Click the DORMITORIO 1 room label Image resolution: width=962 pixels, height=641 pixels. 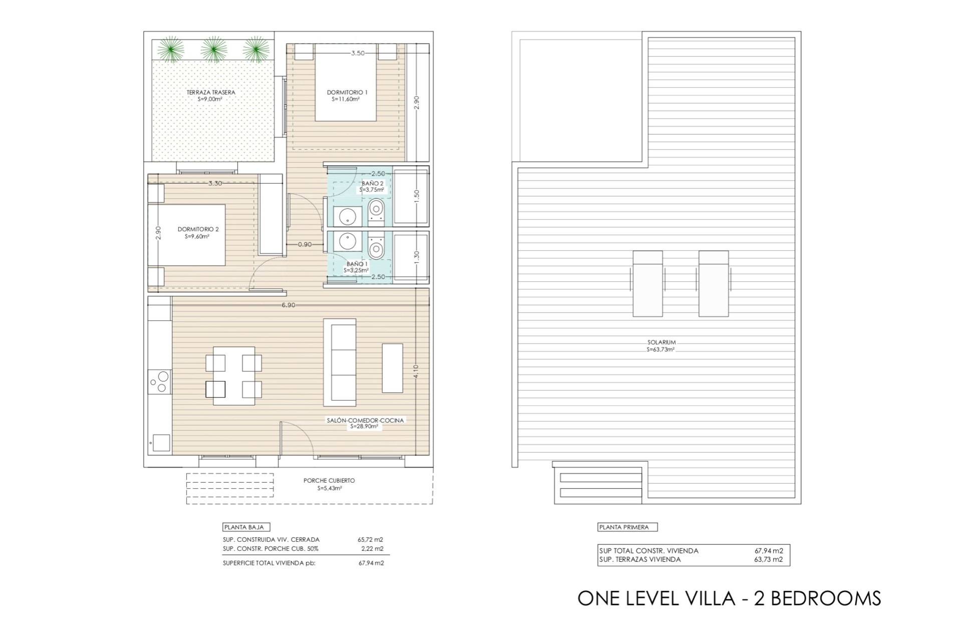347,92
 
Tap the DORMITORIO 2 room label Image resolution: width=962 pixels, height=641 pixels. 198,229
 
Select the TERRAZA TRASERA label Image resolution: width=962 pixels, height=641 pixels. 210,92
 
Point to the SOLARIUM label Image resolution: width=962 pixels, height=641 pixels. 661,343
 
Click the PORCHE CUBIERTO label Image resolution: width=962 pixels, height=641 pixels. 329,481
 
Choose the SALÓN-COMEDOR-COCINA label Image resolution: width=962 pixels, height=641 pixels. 365,421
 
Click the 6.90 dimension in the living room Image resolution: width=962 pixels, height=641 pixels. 288,305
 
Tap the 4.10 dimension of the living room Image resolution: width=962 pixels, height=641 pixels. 416,372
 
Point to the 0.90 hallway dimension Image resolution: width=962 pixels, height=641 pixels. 305,245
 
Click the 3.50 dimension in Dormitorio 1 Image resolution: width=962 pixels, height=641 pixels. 358,53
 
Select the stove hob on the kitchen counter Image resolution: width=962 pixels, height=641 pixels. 160,382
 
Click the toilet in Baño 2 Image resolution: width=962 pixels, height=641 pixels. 376,210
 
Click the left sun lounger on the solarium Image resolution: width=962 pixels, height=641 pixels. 648,283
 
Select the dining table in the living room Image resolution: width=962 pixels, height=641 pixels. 234,376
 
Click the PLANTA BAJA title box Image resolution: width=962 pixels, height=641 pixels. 247,527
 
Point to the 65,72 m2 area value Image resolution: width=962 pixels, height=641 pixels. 371,540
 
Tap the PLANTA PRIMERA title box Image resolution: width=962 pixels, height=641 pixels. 627,527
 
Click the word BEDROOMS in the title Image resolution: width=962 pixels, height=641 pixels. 826,598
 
